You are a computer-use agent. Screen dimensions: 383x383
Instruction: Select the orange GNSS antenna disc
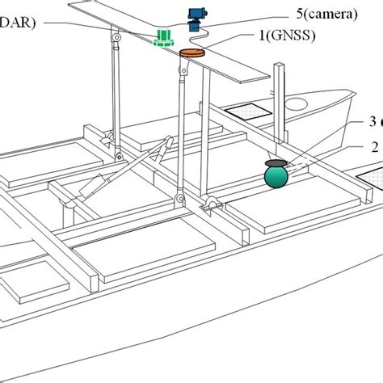(191, 53)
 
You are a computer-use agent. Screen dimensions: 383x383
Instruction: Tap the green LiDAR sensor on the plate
(165, 37)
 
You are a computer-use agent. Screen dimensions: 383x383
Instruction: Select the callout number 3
(372, 122)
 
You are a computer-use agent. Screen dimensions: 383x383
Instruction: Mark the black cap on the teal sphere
(276, 162)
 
